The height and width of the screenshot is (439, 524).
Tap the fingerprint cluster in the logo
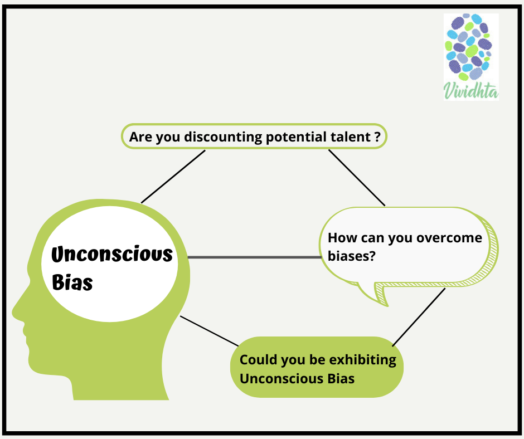point(469,48)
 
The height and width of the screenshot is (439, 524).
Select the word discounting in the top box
point(211,136)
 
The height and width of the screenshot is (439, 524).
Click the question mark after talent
point(377,136)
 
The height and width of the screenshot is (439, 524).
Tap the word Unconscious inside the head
point(112,255)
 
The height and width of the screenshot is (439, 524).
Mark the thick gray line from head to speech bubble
point(254,257)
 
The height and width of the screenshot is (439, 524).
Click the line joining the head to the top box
point(173,176)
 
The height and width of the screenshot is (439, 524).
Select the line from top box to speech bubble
point(357,178)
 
